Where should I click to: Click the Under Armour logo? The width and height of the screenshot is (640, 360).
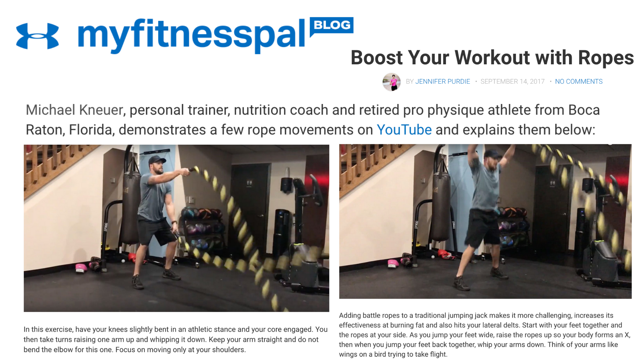37,36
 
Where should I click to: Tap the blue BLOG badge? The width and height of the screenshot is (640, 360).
332,25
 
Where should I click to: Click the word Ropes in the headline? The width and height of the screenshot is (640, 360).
606,58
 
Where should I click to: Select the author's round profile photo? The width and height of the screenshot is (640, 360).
391,82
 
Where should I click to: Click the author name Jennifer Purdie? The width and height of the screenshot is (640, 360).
442,82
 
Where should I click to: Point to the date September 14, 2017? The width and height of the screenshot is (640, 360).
512,82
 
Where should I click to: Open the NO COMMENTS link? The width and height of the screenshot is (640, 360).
579,82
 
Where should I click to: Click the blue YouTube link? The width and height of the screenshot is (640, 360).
404,130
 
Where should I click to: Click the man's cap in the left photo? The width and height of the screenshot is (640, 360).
156,160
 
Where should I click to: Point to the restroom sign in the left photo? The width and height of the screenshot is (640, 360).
249,183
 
